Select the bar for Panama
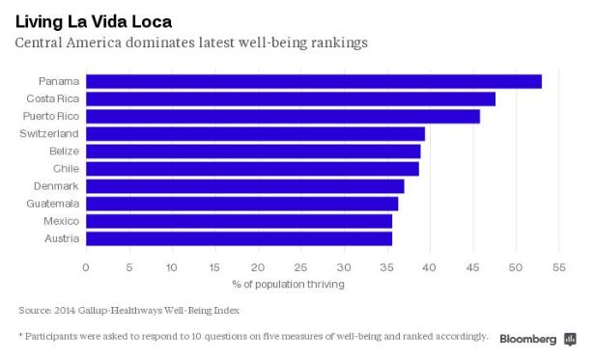[x=314, y=81]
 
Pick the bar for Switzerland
[x=255, y=134]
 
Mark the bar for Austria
[x=239, y=238]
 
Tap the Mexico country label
[x=61, y=221]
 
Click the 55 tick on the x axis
[x=558, y=266]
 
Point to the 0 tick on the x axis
[x=86, y=266]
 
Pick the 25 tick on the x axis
[x=300, y=266]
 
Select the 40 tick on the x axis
[x=429, y=266]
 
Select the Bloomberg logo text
[x=527, y=339]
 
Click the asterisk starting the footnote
[x=21, y=335]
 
